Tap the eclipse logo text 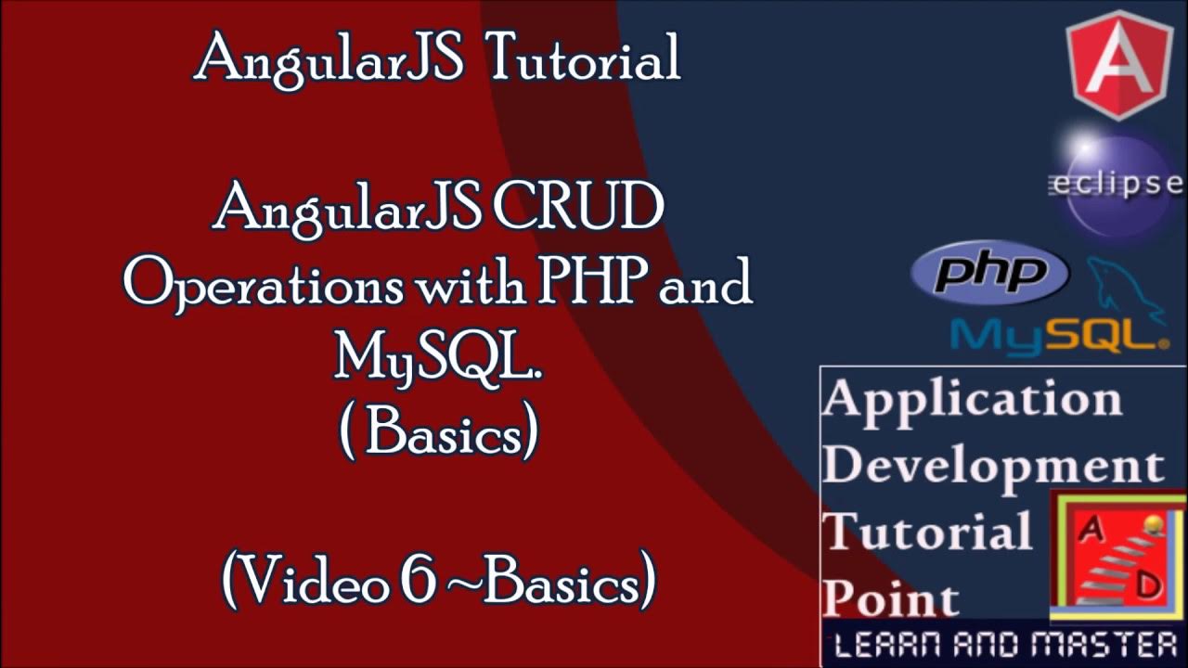tap(1116, 185)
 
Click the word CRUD tap(577, 209)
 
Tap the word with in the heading tap(470, 283)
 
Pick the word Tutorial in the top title tap(583, 58)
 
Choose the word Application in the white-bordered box tap(972, 400)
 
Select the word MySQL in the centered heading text tap(436, 357)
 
